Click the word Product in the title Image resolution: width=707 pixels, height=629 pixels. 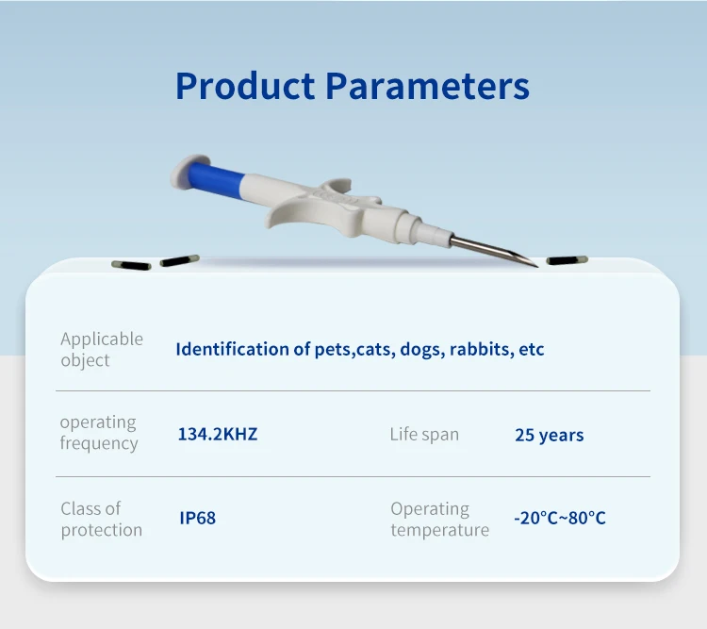point(244,87)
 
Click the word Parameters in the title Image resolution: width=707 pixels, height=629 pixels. point(427,87)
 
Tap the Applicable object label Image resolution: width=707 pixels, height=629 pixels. point(102,349)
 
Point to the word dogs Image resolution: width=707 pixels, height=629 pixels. point(419,350)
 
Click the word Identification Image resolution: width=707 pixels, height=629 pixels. point(232,349)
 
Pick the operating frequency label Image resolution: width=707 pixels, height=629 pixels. point(99,432)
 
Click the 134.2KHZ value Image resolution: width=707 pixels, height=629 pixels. point(218,435)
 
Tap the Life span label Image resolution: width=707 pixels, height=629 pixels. point(424,435)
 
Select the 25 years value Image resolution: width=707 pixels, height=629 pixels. point(549,436)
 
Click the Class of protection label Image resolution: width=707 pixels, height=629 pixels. point(102,519)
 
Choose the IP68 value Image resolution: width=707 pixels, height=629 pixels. point(198,519)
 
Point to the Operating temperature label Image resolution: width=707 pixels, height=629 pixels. point(439,519)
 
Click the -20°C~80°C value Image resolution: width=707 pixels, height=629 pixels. point(560,519)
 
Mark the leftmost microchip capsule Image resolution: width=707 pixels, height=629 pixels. point(131,266)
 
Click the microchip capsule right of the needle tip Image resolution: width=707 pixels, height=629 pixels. point(565,260)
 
